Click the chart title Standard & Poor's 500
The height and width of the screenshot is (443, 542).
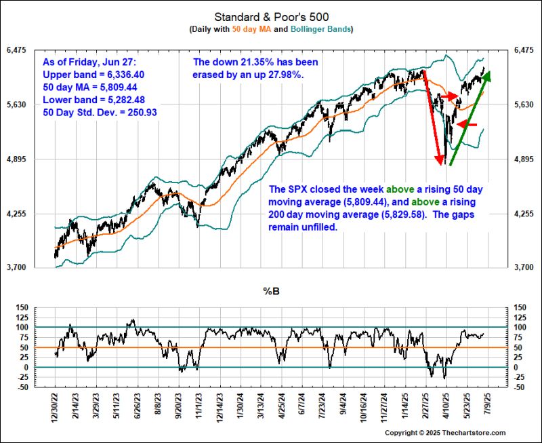(270, 16)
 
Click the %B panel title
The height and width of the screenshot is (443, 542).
(271, 291)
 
